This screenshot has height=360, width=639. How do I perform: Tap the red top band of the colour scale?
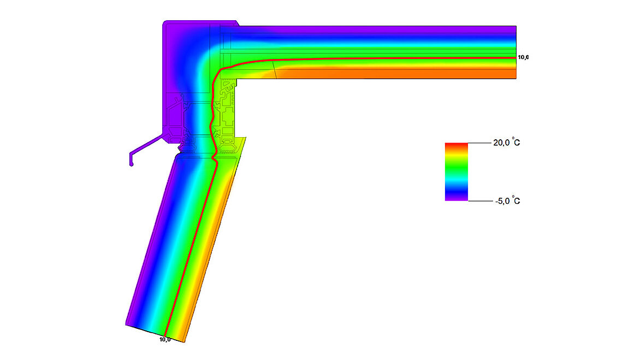pos(456,145)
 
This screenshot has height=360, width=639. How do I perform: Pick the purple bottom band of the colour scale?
pos(456,198)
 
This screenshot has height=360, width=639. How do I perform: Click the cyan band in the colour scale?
pos(456,179)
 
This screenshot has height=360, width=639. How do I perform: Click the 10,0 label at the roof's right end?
pos(523,57)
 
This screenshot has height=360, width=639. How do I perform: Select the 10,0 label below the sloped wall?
pos(164,340)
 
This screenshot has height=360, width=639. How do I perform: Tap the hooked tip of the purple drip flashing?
pos(131,162)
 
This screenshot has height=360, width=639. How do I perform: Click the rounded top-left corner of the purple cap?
pos(164,23)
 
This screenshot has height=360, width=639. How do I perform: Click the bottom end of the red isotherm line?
pos(165,334)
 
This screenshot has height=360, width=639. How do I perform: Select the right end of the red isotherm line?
pos(515,57)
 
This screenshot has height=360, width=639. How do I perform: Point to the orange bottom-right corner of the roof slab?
pos(515,78)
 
